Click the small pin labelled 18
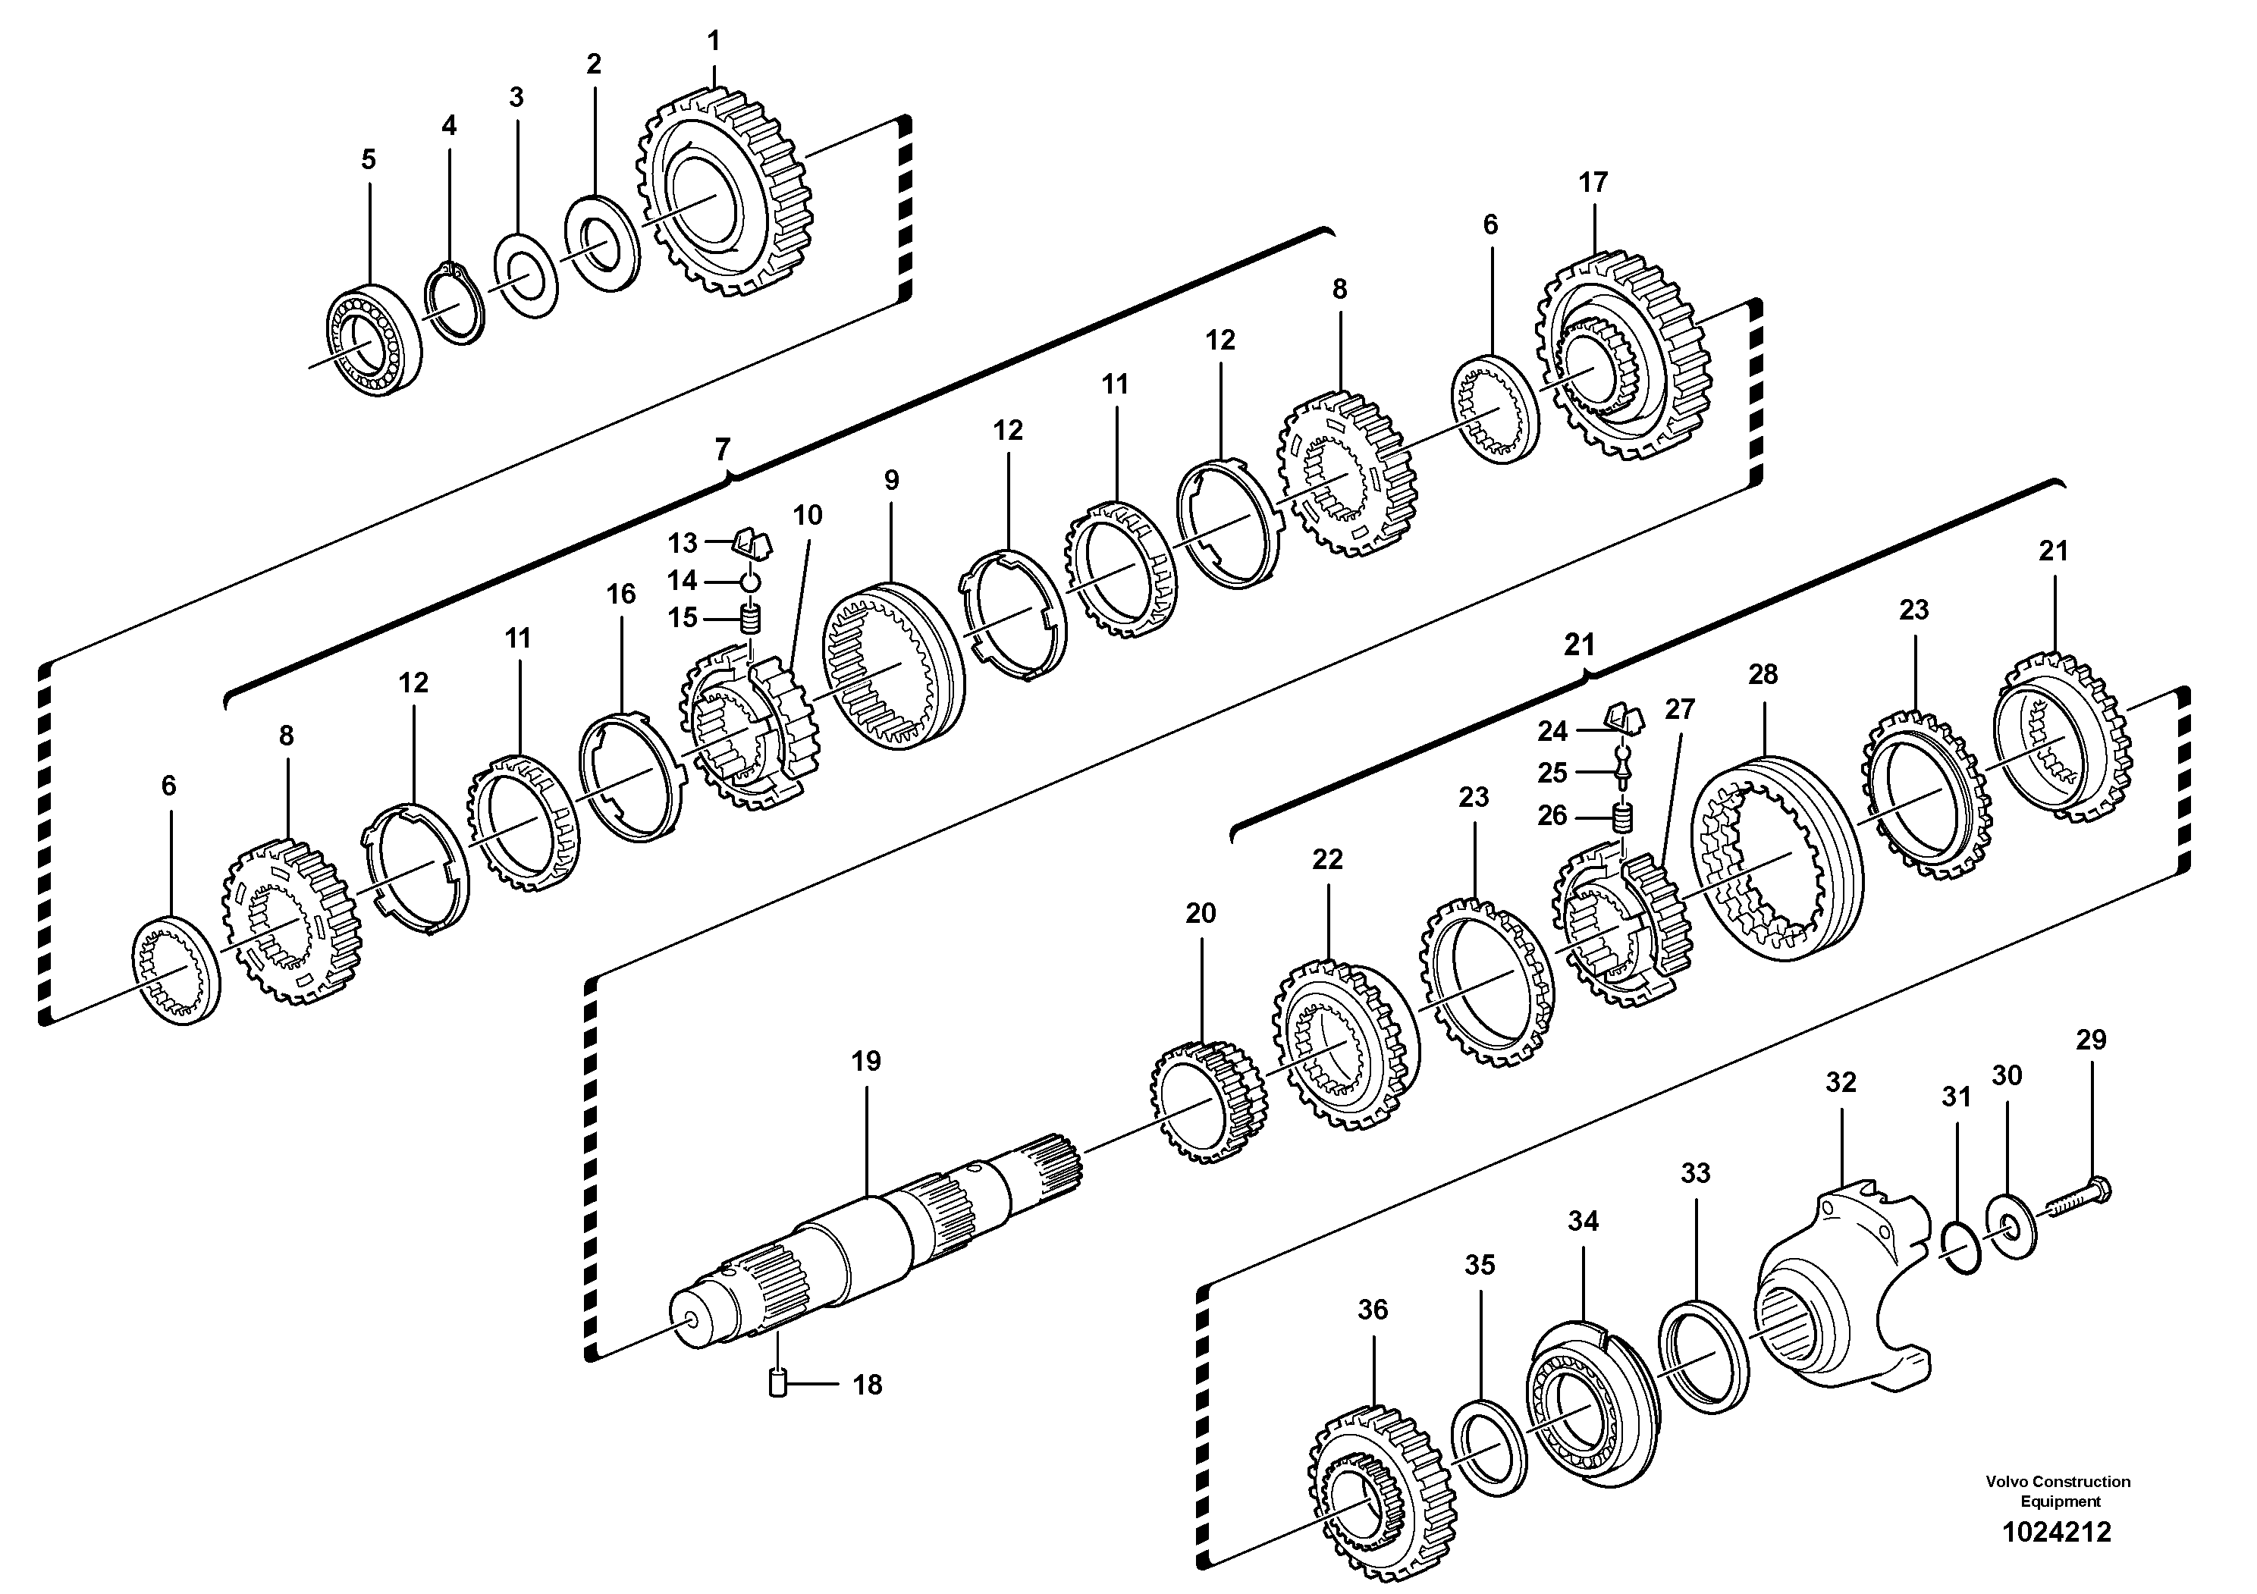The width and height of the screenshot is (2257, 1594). (777, 1384)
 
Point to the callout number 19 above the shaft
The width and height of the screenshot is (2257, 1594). (866, 1062)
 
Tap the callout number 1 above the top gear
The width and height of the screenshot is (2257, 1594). (714, 41)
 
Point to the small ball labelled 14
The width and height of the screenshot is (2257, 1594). (751, 582)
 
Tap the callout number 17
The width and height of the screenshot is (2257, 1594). (1593, 182)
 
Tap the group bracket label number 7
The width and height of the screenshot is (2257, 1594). (723, 450)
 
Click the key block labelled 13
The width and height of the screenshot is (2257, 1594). (753, 541)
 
